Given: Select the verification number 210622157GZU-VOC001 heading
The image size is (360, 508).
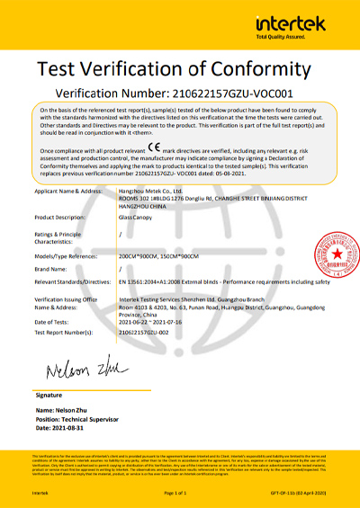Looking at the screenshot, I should [x=179, y=93].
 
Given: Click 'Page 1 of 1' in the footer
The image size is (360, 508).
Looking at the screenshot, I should [x=179, y=494].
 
